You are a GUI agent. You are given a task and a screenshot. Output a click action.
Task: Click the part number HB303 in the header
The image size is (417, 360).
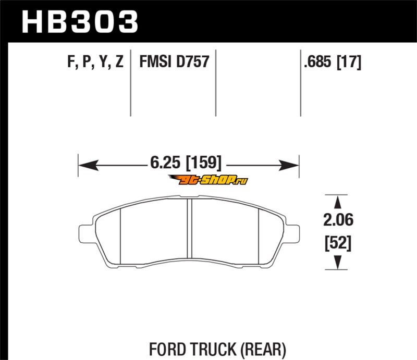[80, 22]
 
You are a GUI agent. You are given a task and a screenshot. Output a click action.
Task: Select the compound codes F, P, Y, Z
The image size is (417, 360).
[95, 61]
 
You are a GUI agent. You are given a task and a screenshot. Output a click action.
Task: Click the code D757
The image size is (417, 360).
[193, 61]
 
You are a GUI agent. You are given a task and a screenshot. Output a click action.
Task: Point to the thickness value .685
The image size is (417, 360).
[317, 61]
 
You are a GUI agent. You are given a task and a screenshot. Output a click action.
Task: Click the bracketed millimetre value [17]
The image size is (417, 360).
[349, 61]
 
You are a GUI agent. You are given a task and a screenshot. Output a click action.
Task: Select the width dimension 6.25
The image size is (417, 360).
[165, 162]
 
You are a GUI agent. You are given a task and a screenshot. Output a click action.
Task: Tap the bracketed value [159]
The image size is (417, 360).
[203, 163]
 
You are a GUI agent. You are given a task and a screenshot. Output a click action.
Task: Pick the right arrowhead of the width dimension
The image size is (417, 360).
[289, 165]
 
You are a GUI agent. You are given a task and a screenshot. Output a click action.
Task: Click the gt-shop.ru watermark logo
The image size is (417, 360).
[208, 180]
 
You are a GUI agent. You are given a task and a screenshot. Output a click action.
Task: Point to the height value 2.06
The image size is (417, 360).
[338, 220]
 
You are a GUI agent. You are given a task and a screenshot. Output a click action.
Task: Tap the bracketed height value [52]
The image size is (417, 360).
[338, 242]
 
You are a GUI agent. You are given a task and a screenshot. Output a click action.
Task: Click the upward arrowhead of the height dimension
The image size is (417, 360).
[337, 202]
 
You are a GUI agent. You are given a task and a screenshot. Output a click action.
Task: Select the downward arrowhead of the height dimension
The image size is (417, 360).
[337, 262]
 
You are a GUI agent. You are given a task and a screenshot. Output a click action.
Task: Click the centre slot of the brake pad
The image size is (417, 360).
[189, 228]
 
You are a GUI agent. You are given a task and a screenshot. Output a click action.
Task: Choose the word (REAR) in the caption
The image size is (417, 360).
[264, 349]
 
